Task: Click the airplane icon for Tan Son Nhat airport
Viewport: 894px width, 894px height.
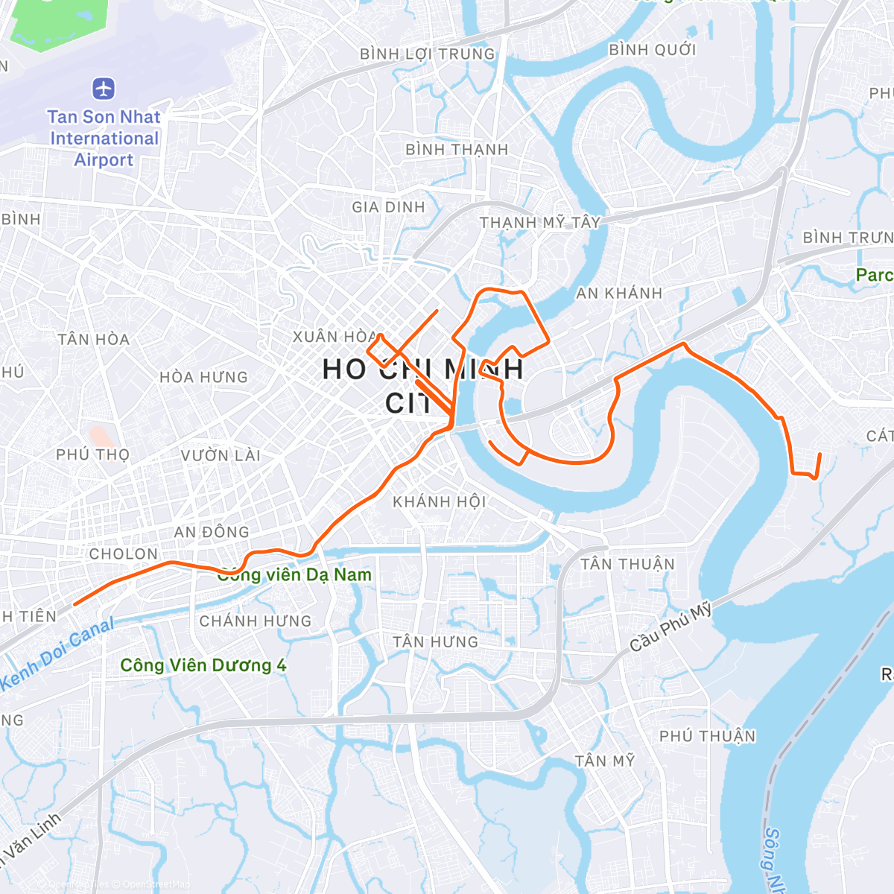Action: [104, 89]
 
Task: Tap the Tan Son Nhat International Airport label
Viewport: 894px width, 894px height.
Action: [104, 139]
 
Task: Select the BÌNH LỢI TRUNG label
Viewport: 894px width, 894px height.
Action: [427, 54]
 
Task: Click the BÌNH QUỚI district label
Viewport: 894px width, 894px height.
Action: [652, 50]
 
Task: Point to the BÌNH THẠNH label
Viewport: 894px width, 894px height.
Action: [456, 150]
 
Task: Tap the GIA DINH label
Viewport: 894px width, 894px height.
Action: [388, 207]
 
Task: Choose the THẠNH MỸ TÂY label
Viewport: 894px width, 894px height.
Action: [539, 222]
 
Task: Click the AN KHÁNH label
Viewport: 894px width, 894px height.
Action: [619, 294]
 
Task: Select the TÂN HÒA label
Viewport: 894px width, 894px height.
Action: [94, 340]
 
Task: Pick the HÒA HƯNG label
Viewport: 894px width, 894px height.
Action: [203, 378]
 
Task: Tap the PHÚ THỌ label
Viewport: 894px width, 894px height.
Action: [92, 454]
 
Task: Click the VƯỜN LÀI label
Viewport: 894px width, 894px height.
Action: [221, 455]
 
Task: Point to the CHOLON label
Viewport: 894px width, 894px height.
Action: [124, 554]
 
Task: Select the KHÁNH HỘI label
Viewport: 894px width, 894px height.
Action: [440, 501]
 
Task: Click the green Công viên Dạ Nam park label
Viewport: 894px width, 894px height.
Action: [294, 575]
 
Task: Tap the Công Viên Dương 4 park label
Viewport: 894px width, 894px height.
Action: [203, 665]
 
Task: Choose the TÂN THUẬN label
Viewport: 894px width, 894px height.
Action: [627, 564]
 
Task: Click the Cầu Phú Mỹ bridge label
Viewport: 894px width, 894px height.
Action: [670, 628]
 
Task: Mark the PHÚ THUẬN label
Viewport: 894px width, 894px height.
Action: [707, 736]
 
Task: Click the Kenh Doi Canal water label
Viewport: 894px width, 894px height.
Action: [57, 653]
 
